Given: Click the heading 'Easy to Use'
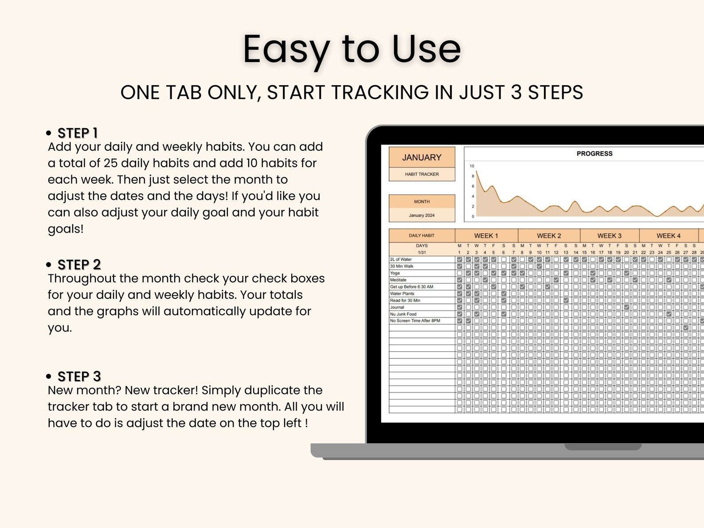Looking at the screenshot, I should tap(352, 49).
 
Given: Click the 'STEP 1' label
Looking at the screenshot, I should tap(78, 133).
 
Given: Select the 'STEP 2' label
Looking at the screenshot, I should tap(79, 265).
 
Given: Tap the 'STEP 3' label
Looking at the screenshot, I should tap(79, 376).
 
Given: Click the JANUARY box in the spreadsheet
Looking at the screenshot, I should tap(422, 157).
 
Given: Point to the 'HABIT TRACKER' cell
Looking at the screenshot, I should tap(422, 174).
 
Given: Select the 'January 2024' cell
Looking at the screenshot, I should tap(422, 215).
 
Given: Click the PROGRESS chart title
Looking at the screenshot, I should tap(594, 153).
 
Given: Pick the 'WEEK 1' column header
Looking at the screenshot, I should tap(486, 236).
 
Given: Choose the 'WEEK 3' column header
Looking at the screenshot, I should tap(609, 236).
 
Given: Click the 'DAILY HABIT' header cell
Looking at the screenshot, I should tap(422, 235).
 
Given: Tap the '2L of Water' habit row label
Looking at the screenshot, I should tap(401, 259).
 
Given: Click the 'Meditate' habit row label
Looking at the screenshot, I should tap(398, 280).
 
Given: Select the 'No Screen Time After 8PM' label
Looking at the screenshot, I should tap(415, 321).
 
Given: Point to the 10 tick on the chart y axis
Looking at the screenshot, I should tap(472, 166).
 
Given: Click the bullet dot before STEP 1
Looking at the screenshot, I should tap(49, 133).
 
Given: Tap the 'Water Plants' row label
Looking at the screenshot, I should tap(402, 293).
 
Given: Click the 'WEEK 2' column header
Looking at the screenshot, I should tap(549, 236).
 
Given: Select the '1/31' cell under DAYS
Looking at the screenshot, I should tap(422, 252).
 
